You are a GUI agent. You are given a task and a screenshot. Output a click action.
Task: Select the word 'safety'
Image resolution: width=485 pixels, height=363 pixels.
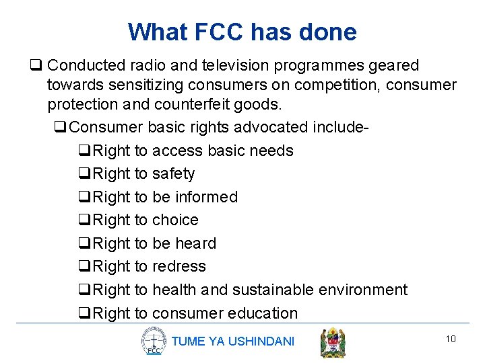pyautogui.click(x=173, y=173)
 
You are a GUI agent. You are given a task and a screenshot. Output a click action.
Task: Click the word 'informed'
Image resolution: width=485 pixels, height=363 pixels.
pyautogui.click(x=206, y=197)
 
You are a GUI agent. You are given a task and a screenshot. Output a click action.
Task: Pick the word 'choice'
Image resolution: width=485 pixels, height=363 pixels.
pyautogui.click(x=175, y=220)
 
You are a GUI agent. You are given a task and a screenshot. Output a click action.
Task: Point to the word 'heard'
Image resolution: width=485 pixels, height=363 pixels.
pyautogui.click(x=195, y=243)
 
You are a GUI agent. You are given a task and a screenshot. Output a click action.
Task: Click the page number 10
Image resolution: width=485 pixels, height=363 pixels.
pyautogui.click(x=451, y=339)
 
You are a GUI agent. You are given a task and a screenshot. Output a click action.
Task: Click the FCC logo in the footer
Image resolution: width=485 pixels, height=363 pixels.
pyautogui.click(x=154, y=341)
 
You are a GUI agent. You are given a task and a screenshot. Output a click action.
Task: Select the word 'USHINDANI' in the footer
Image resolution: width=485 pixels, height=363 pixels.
pyautogui.click(x=261, y=341)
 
